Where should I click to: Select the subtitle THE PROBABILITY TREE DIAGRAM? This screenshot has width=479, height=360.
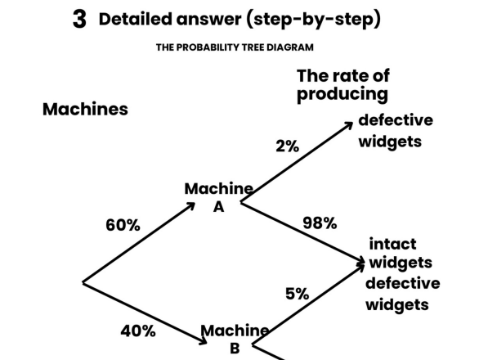[235, 47]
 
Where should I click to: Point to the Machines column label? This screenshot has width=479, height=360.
[85, 110]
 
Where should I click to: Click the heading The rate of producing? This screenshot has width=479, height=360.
[342, 85]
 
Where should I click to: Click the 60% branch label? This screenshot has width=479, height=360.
[123, 226]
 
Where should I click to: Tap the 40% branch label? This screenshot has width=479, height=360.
[138, 331]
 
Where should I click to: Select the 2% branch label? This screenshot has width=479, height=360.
[287, 146]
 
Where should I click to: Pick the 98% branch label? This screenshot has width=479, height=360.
[320, 223]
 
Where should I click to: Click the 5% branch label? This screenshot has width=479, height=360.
[297, 295]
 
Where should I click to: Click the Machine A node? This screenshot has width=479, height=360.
[218, 197]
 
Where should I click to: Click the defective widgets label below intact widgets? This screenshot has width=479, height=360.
[402, 294]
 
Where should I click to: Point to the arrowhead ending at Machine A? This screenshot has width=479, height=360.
[191, 204]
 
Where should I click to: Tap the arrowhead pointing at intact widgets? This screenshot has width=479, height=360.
[362, 262]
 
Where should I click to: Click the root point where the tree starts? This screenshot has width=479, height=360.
[83, 283]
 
